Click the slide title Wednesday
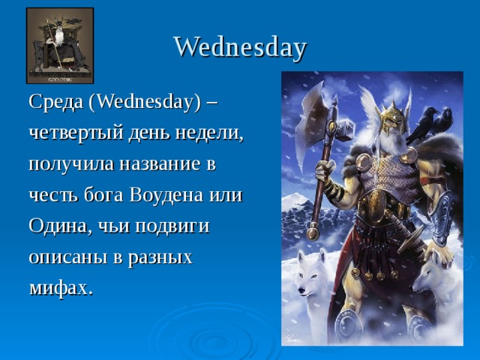240,47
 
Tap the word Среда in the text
55,101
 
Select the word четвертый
76,133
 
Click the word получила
72,164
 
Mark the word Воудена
166,195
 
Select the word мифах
61,288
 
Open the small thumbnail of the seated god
60,46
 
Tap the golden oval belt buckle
376,204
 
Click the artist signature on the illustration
293,338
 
